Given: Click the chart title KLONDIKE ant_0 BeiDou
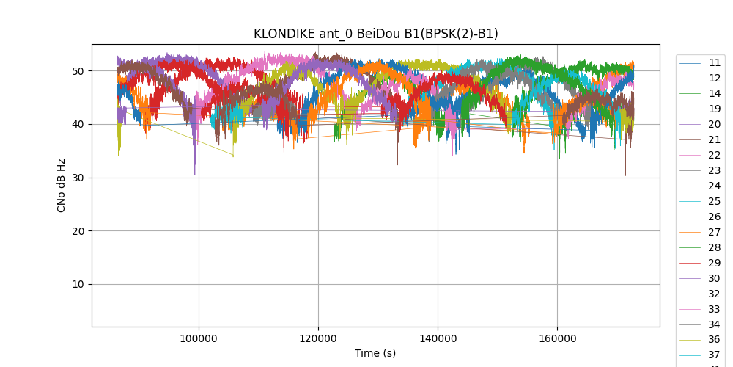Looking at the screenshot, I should [375, 34].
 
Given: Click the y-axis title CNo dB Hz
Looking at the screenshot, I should [62, 185].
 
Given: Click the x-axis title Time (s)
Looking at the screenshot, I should [375, 353].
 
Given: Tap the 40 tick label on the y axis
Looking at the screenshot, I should [77, 124].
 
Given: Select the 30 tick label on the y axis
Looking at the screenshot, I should [77, 178].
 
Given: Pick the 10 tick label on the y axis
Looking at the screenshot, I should [77, 285].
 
